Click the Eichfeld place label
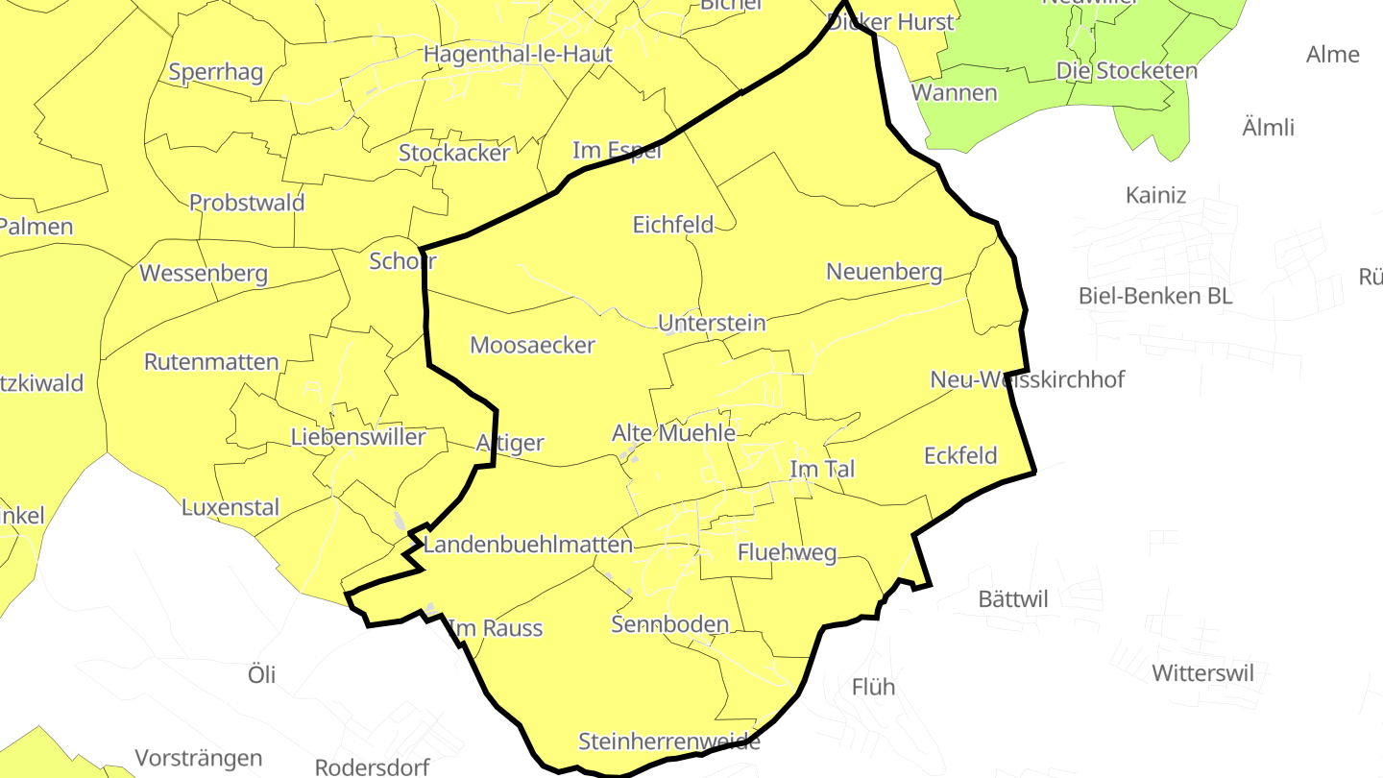[672, 225]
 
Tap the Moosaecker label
[532, 345]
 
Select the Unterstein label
[712, 323]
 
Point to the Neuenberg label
[884, 273]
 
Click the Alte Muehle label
[673, 433]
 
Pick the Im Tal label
[821, 469]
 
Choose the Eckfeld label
[960, 455]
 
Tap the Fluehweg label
[787, 553]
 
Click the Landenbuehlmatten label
[527, 545]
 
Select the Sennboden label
[669, 624]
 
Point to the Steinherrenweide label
[668, 742]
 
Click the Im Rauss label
[496, 628]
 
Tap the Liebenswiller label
[358, 437]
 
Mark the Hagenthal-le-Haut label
[518, 54]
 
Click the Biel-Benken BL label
[1154, 295]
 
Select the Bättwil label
[1012, 599]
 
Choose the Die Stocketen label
[1127, 70]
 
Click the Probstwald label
[247, 203]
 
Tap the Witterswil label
[1202, 672]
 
